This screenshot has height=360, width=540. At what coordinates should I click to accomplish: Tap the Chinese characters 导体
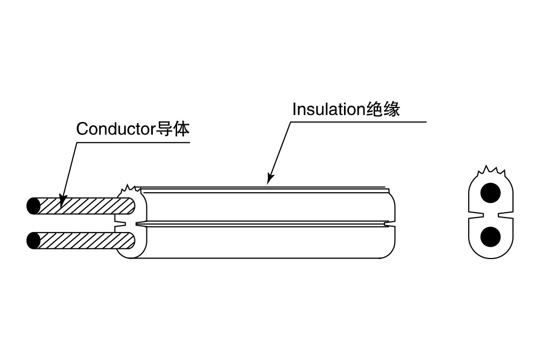pyautogui.click(x=173, y=130)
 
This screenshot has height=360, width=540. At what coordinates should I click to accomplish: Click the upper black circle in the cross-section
pyautogui.click(x=490, y=193)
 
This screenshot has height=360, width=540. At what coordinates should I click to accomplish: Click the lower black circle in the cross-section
pyautogui.click(x=490, y=236)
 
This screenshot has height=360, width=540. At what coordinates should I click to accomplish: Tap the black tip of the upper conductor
pyautogui.click(x=33, y=206)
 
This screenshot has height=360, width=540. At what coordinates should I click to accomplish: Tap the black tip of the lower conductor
pyautogui.click(x=33, y=240)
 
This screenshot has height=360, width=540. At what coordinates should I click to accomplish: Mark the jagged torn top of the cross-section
pyautogui.click(x=490, y=172)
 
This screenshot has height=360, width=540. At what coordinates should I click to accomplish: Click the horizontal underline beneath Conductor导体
pyautogui.click(x=135, y=142)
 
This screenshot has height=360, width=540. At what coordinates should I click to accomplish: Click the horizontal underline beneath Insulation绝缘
pyautogui.click(x=356, y=122)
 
